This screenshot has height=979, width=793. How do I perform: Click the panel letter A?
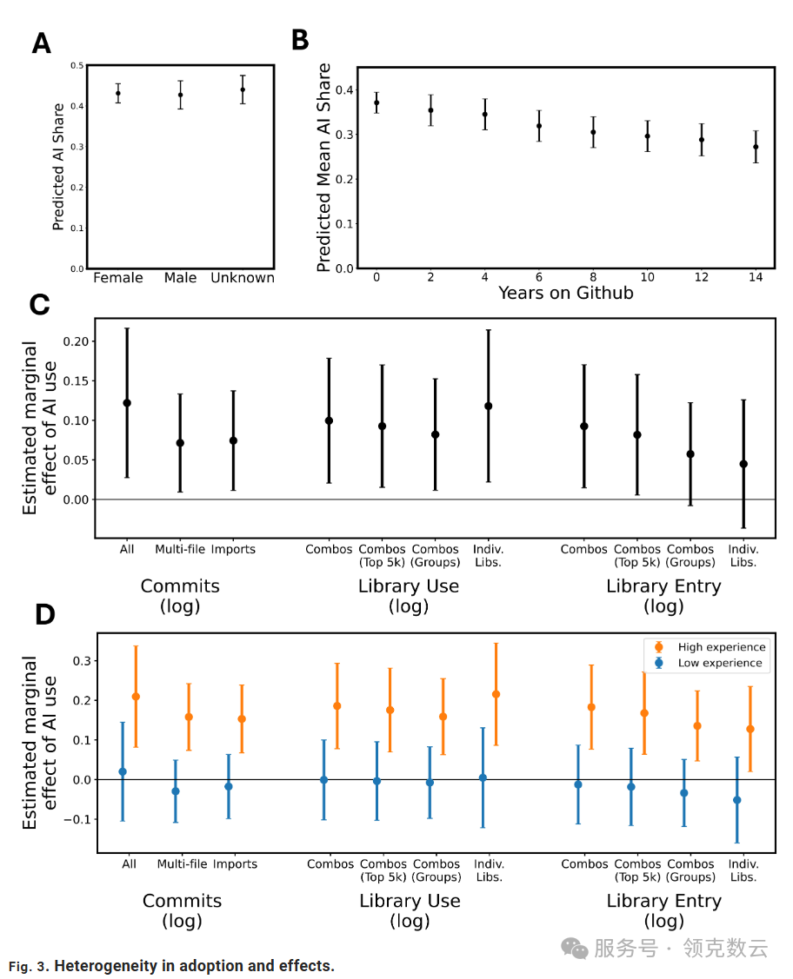41,43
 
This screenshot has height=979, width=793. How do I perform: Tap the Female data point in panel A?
118,93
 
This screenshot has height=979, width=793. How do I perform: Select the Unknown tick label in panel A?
243,278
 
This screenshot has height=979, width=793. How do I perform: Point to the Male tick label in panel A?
181,278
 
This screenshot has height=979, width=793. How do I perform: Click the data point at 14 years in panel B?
756,147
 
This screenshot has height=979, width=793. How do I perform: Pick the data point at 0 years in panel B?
377,103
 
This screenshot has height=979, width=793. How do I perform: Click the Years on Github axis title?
565,293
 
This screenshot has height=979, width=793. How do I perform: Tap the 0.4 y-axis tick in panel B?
344,89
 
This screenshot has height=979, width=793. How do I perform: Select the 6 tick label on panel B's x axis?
539,276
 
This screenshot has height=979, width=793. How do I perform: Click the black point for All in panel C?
127,403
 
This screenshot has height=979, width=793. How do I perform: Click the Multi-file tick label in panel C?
179,549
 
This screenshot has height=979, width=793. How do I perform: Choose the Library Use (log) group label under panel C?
409,596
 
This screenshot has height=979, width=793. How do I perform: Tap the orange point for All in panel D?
136,697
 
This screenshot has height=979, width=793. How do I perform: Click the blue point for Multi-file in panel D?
176,791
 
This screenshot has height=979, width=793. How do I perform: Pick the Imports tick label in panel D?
235,864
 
